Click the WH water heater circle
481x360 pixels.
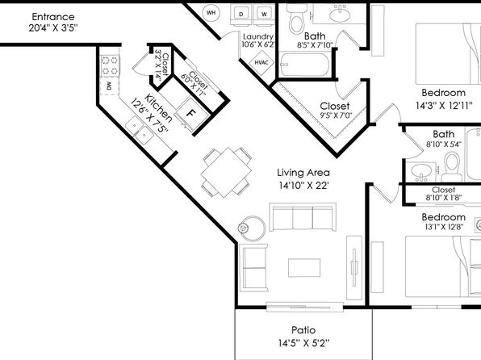click(211, 13)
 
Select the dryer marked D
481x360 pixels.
click(241, 14)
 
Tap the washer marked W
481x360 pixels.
click(264, 14)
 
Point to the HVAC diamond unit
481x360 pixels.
click(261, 63)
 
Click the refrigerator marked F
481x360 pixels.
click(190, 115)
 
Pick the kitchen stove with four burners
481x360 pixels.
click(110, 65)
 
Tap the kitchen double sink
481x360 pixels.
click(140, 130)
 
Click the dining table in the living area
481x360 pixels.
click(226, 172)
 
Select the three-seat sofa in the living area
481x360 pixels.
click(303, 216)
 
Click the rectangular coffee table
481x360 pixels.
click(304, 268)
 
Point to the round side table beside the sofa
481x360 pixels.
click(252, 228)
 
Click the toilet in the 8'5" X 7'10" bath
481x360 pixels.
click(296, 19)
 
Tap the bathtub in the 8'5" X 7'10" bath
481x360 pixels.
click(304, 65)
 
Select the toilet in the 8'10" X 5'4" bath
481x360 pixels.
click(452, 167)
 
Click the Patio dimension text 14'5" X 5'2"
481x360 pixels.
click(303, 342)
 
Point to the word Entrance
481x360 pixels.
click(53, 17)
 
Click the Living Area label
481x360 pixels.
click(303, 173)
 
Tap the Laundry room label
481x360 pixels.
click(258, 37)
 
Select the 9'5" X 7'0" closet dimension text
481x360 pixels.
click(336, 115)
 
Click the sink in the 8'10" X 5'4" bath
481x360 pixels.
click(421, 170)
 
